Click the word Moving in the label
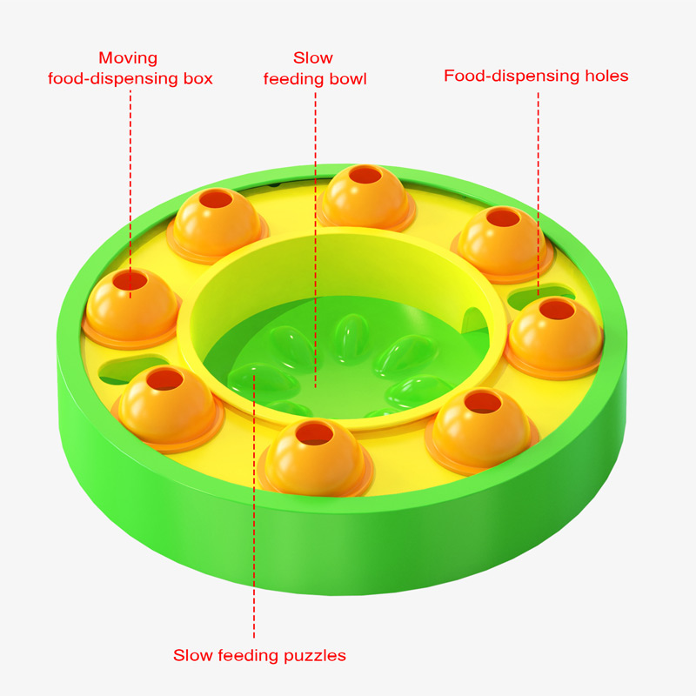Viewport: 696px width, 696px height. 128,58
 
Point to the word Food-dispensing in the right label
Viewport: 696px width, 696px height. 508,76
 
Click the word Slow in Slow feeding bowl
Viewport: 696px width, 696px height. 313,58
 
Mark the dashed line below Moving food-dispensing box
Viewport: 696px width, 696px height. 130,174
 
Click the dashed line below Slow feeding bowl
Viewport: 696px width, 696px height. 314,217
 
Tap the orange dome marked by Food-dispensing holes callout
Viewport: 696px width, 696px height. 554,335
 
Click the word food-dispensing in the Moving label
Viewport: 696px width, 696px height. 130,79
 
